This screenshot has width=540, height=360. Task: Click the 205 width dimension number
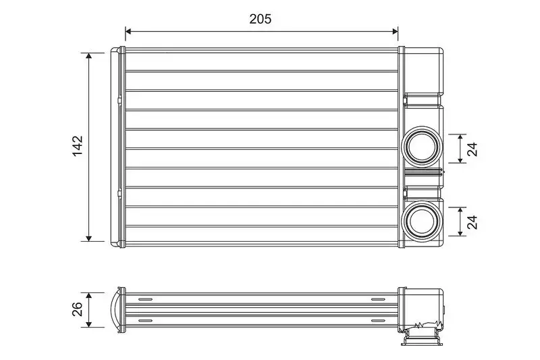(261, 19)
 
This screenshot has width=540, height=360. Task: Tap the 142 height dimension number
(78, 146)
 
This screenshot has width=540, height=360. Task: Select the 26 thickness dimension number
(78, 309)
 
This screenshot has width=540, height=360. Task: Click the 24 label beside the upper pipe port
(472, 149)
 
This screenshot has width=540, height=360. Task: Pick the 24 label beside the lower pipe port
(472, 222)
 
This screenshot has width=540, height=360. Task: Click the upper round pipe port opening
(423, 147)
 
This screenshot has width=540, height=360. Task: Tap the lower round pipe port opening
(423, 220)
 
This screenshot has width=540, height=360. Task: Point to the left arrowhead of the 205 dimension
(128, 31)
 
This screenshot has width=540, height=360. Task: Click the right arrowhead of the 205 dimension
(395, 31)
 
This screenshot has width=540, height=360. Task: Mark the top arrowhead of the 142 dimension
(89, 56)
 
